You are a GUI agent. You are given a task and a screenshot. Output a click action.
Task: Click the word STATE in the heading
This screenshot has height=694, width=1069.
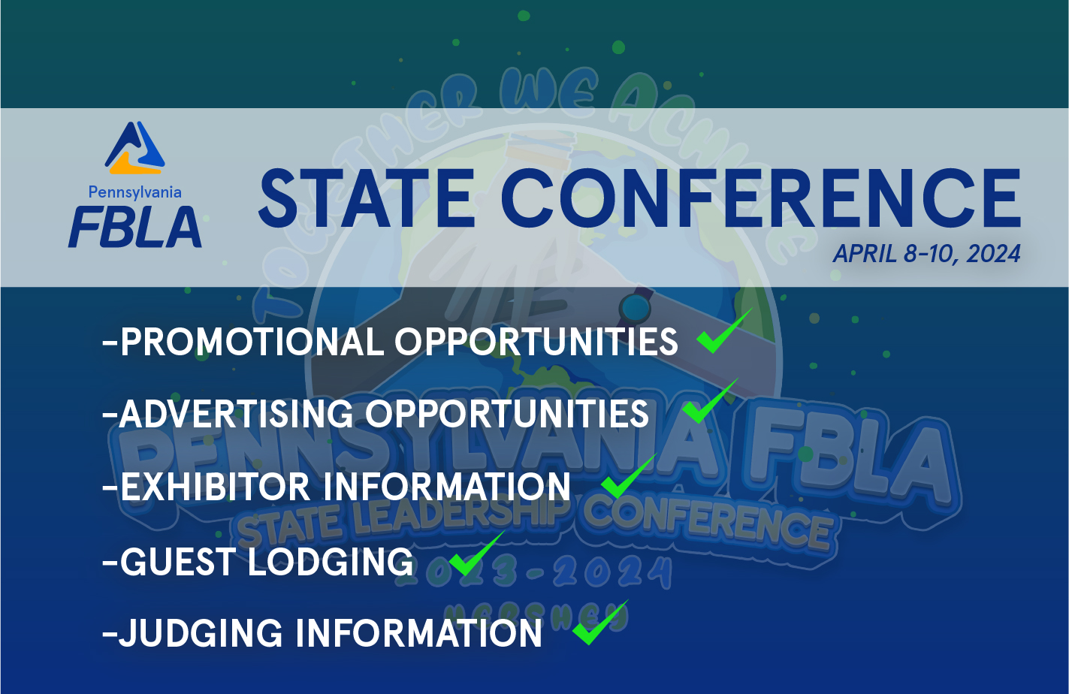point(366,198)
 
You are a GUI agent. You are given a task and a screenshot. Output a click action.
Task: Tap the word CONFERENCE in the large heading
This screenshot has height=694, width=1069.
point(760,198)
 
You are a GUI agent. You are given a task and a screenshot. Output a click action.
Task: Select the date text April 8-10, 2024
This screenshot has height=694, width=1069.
point(926,254)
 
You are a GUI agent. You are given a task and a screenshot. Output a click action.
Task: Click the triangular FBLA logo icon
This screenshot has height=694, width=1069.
point(135,148)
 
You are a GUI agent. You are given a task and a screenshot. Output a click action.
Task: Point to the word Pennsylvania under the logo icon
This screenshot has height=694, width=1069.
point(135,192)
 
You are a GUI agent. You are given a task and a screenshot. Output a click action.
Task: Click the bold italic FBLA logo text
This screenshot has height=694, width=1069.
point(135,228)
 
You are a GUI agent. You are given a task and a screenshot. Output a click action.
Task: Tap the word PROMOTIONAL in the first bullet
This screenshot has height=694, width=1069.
point(252,342)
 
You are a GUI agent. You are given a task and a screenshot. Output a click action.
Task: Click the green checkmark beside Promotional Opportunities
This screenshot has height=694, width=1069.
point(722,333)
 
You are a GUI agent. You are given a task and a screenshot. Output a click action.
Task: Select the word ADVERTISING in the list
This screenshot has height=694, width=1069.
point(236,414)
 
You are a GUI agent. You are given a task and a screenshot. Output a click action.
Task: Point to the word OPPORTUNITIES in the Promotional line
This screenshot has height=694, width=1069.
point(536,342)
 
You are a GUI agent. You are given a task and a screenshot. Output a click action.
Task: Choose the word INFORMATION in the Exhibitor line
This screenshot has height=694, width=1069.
point(448,487)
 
